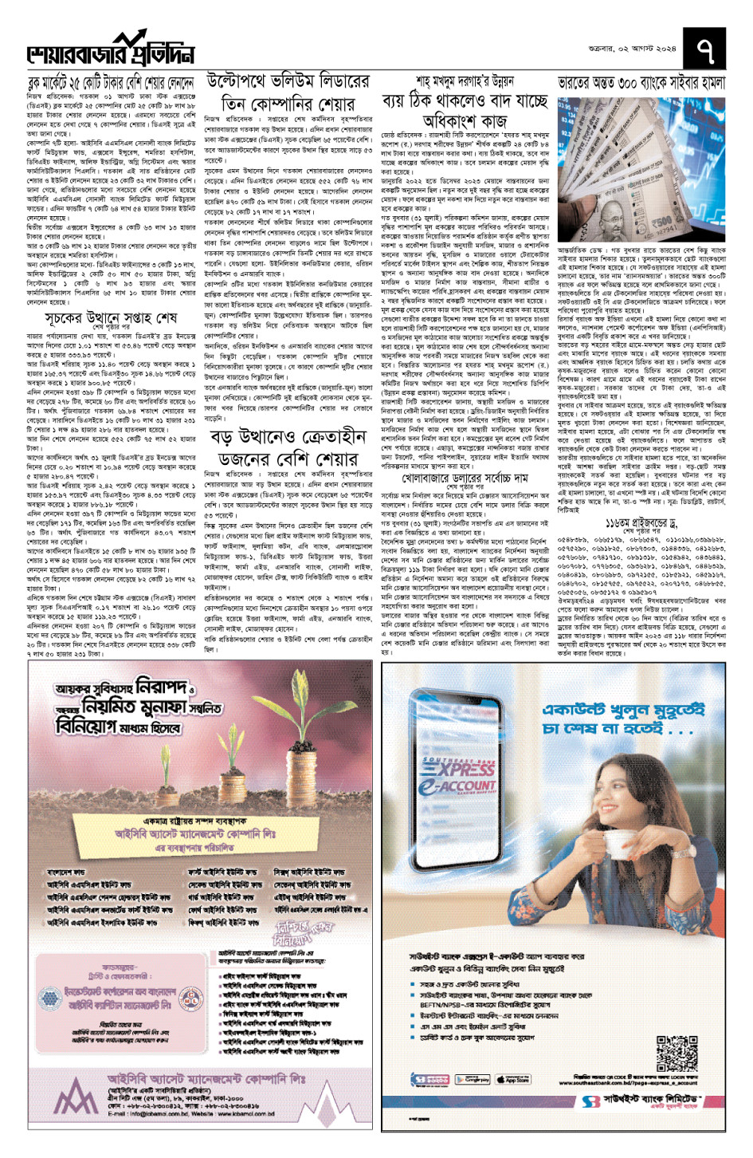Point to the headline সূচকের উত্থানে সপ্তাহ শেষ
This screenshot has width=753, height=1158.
(x=111, y=317)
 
